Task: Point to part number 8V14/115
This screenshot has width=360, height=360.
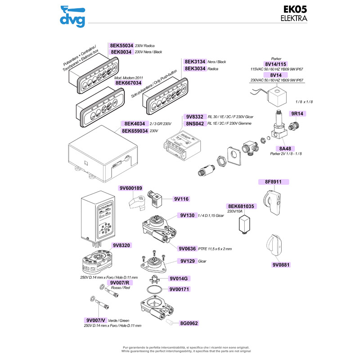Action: pyautogui.click(x=276, y=64)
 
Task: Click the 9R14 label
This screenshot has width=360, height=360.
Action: pyautogui.click(x=298, y=114)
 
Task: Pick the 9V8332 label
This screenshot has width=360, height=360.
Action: pyautogui.click(x=195, y=116)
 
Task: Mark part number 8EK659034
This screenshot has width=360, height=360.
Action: pyautogui.click(x=135, y=131)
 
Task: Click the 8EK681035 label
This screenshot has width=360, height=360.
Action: pyautogui.click(x=241, y=206)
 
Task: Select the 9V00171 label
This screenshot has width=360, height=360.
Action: pyautogui.click(x=181, y=290)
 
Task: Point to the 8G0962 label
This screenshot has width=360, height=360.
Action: pyautogui.click(x=189, y=323)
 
